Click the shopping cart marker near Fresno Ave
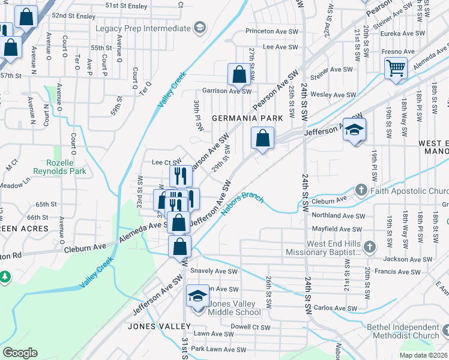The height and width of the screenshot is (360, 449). [396, 68]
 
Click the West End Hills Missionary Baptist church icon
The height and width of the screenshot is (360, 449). [370, 247]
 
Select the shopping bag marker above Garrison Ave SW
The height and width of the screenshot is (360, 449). [239, 76]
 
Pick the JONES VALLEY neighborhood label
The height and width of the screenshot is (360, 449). [159, 326]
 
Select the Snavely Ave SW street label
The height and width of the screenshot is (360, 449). [214, 271]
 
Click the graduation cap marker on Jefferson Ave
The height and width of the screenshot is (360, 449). [355, 130]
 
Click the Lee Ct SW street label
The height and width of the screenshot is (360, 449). [167, 162]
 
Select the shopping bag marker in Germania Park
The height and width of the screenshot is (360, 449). [262, 139]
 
